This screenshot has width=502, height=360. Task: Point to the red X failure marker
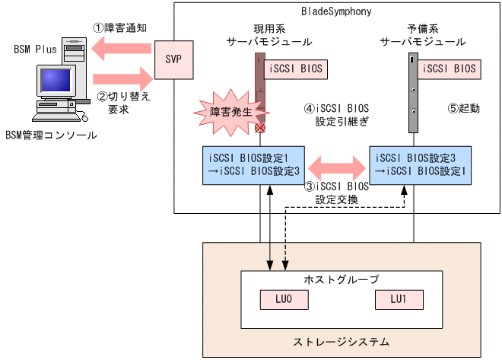coord(260,129)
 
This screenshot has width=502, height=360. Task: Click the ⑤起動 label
coord(464,108)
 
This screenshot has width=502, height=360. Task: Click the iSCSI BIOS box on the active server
coord(295,69)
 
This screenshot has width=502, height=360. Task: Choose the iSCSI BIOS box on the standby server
coord(449,69)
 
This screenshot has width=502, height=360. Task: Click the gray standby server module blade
coord(413,91)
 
